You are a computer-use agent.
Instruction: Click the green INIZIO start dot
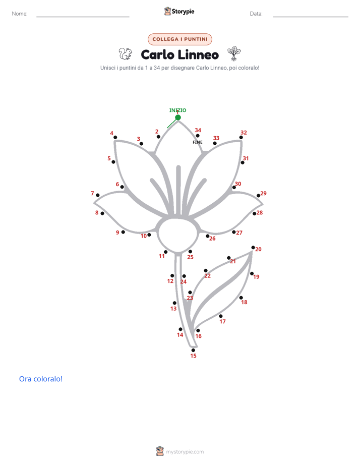coord(178,118)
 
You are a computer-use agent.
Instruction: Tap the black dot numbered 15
coord(193,350)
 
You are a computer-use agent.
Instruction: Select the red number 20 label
coord(259,249)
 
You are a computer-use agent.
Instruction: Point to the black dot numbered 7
coord(98,195)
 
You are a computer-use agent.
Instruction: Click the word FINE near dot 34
coord(198,142)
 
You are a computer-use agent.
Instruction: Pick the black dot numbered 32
coord(241,137)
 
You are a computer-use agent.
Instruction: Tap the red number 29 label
coord(264,194)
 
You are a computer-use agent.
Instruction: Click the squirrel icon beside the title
coord(126,54)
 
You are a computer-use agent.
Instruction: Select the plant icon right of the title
coord(234,53)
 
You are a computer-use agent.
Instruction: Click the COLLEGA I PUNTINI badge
coord(180,39)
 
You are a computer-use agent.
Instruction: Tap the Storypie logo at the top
coord(179,11)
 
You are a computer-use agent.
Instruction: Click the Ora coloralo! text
coord(41,379)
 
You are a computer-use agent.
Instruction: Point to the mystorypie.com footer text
coord(185,452)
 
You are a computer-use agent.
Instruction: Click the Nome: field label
coord(20,14)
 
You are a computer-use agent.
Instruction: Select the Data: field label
coord(256,14)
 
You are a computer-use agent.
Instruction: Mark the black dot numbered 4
coord(115,137)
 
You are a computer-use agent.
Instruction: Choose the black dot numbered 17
coord(221,316)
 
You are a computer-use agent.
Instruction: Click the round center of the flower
coord(178,235)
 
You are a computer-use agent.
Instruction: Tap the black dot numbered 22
coord(206,271)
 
